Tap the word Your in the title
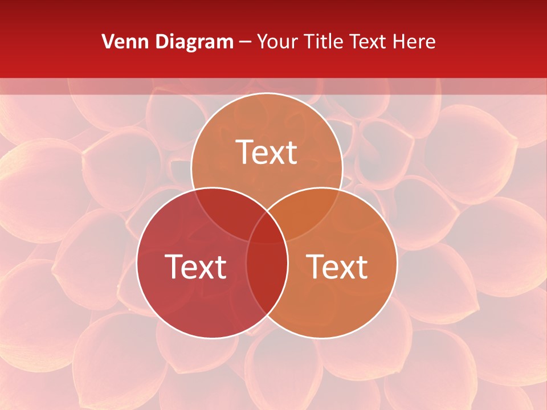(276, 42)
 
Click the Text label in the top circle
(267, 152)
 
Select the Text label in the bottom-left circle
(195, 266)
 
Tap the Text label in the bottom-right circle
(337, 266)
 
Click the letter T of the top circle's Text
(244, 152)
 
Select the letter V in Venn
(107, 42)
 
